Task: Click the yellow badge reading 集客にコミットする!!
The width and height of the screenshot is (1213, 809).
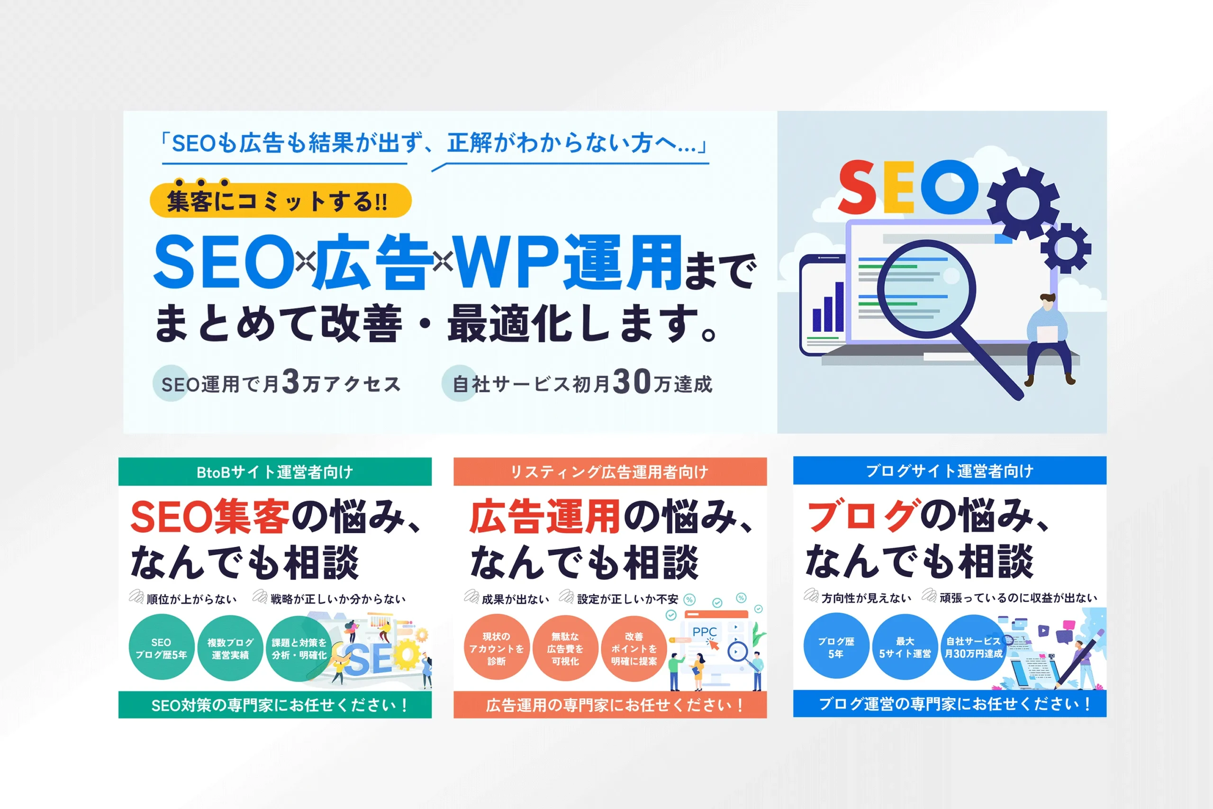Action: (281, 200)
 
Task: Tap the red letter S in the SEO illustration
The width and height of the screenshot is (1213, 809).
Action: (858, 187)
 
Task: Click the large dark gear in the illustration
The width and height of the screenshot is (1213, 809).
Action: (1023, 203)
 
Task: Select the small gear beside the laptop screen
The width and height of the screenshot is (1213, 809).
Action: (1066, 248)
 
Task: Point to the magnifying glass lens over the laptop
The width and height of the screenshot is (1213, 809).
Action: (927, 287)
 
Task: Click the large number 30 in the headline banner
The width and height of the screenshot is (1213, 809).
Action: (632, 382)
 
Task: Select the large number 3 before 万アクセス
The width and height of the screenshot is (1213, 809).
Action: (291, 382)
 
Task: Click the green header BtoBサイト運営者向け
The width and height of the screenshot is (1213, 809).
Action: (275, 472)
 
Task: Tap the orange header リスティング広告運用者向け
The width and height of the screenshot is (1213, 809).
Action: (610, 472)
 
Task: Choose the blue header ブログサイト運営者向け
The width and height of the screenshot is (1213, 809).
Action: (950, 471)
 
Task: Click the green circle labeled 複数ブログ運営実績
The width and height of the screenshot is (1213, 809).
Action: (231, 648)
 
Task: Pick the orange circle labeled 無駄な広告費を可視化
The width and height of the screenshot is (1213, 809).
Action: (565, 648)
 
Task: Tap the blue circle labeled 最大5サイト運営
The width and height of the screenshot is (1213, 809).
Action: (905, 647)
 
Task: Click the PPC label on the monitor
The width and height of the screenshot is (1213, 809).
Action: (705, 632)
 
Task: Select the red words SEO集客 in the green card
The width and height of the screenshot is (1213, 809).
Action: (210, 517)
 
